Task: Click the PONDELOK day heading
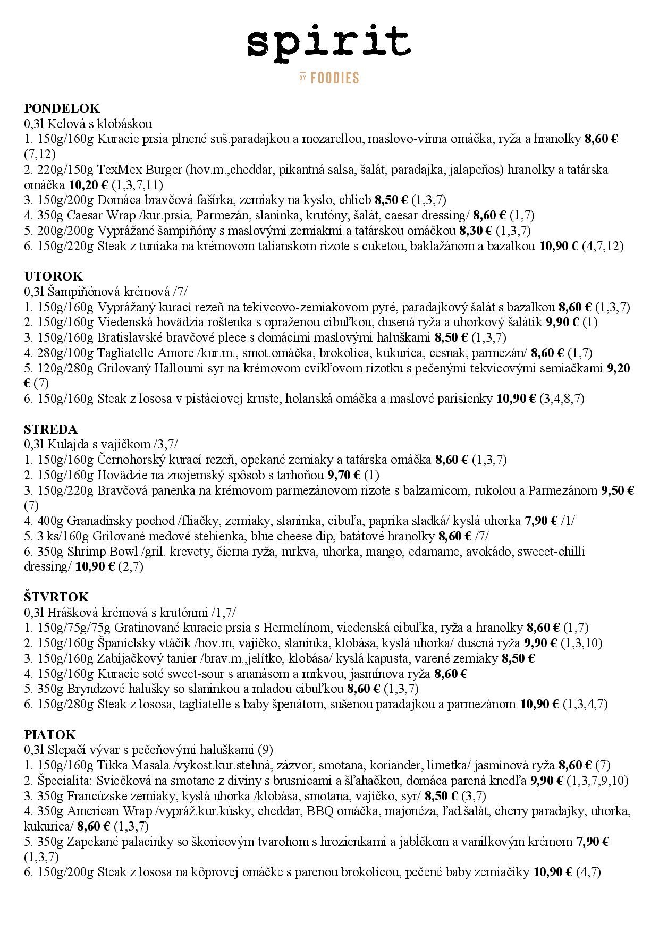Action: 62,108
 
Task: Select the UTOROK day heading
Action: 54,276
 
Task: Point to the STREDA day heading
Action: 50,429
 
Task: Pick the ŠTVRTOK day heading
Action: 56,597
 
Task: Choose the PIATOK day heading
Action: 50,735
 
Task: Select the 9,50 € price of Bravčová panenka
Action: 618,490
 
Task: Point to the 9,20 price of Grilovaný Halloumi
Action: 619,368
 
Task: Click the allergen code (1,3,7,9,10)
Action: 597,781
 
